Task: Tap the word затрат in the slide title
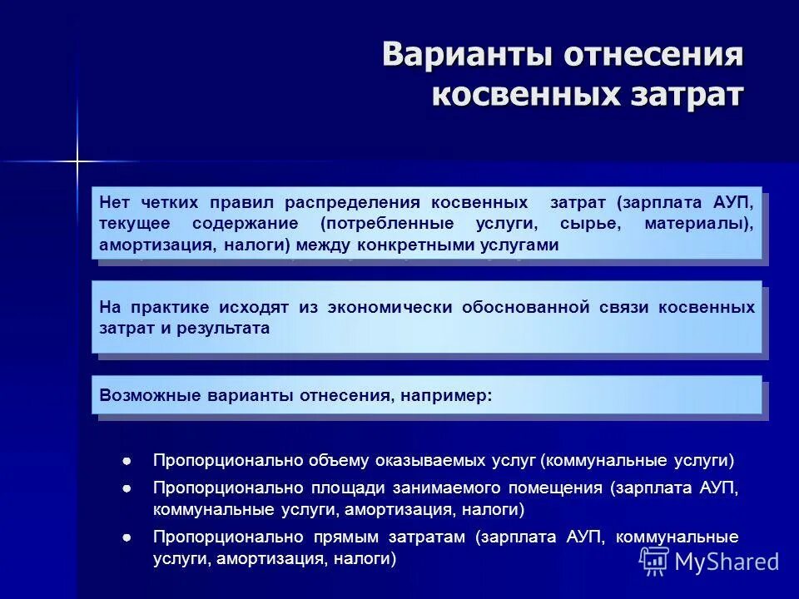(683, 94)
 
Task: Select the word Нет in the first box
(114, 202)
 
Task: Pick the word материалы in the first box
(699, 224)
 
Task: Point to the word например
(445, 396)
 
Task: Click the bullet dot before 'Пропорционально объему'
(127, 460)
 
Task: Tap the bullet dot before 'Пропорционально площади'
(127, 488)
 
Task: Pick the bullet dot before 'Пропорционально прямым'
(127, 537)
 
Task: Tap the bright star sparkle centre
(77, 161)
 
